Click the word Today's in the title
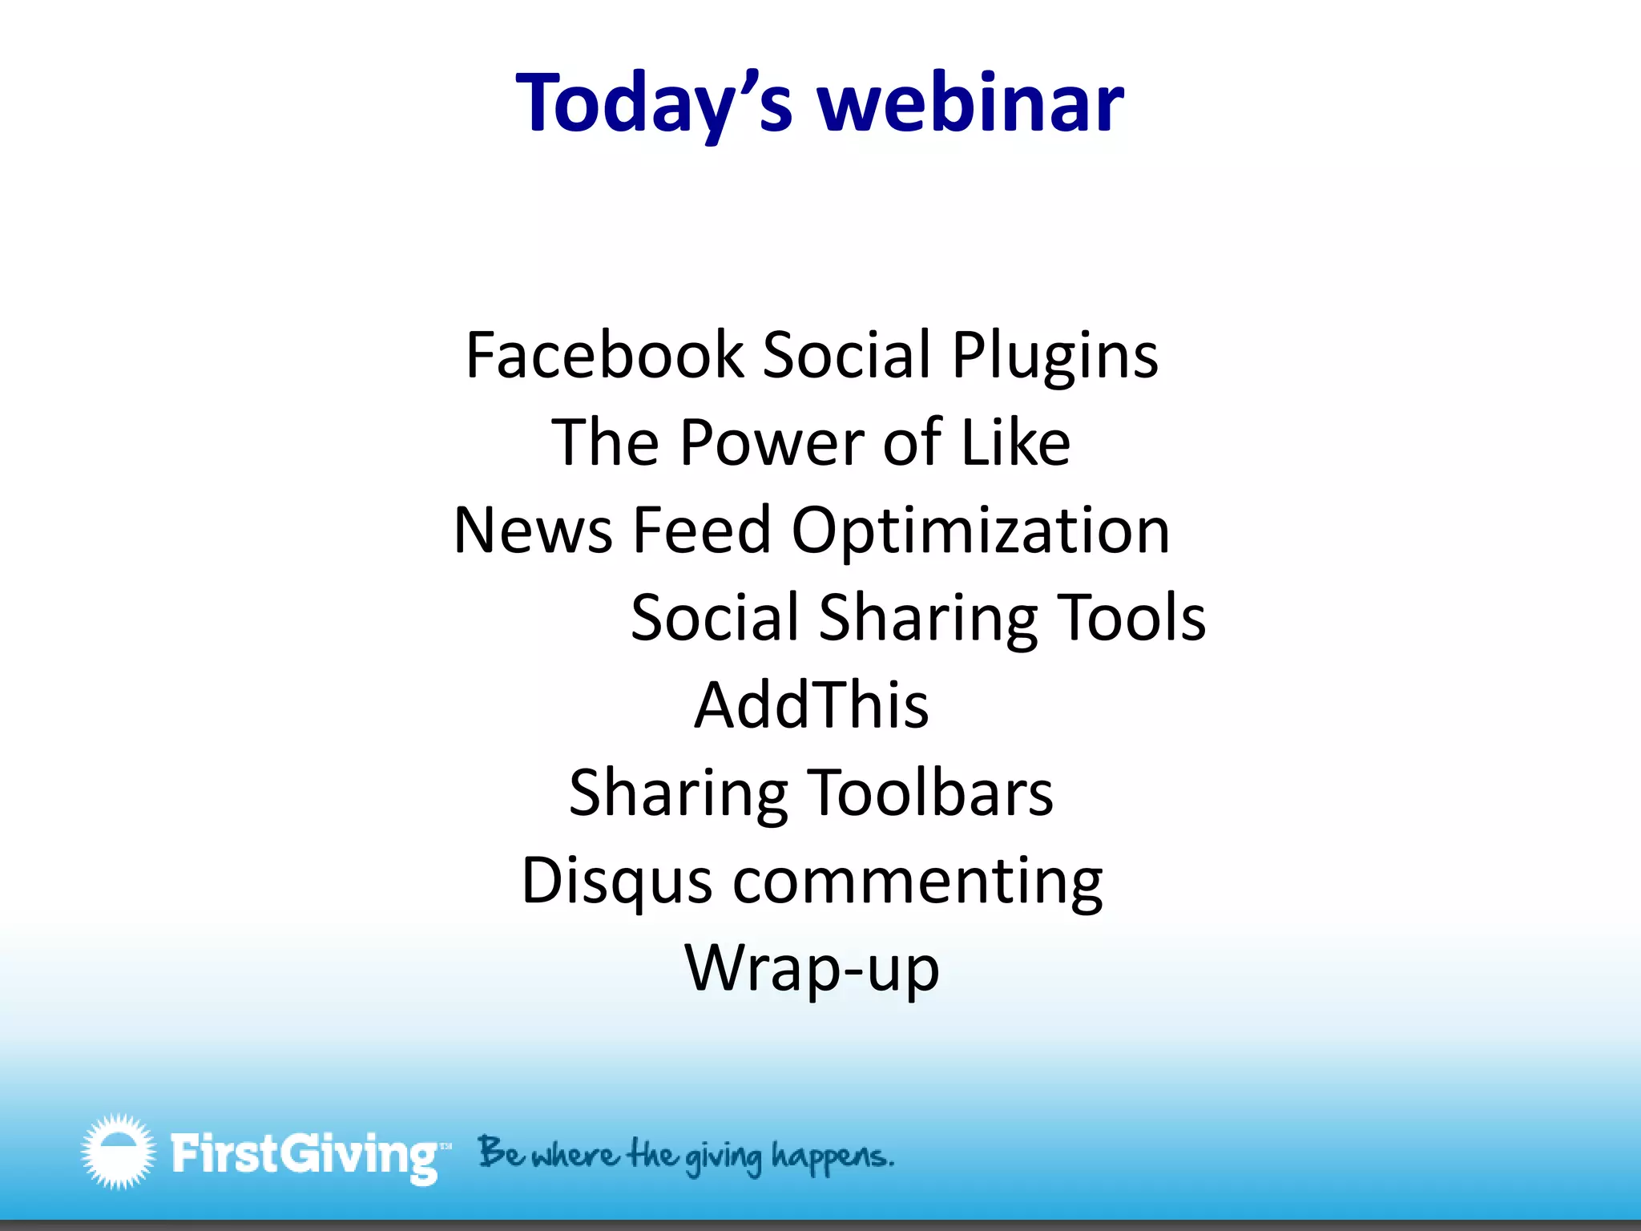coord(654,104)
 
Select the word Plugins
coord(1054,357)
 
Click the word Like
coord(1015,442)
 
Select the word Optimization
coord(980,532)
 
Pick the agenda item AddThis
coord(811,705)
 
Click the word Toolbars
coord(929,793)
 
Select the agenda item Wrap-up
coord(812,969)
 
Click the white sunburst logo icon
coord(118,1151)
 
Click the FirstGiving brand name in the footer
coord(305,1155)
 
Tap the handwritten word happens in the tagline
coord(832,1156)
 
